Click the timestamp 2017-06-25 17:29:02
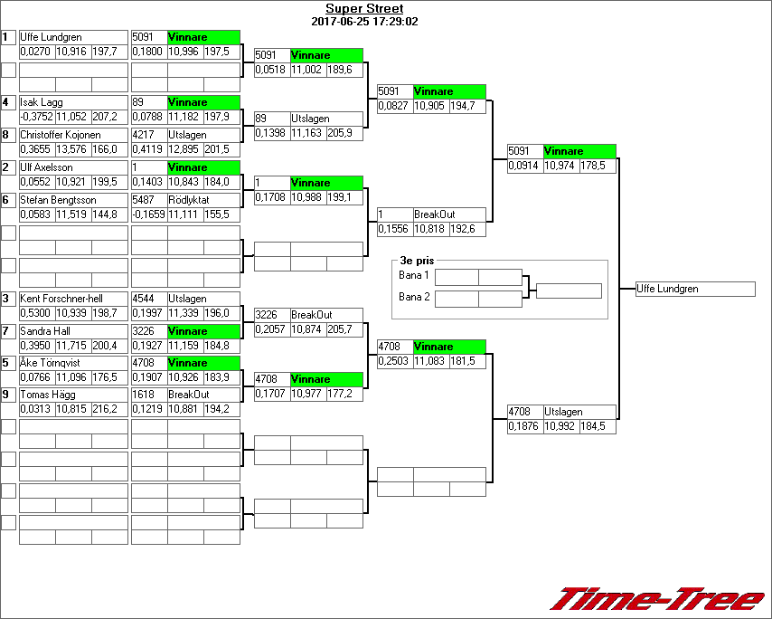(364, 21)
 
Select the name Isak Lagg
(42, 102)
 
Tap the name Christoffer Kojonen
(61, 135)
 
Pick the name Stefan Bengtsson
(56, 200)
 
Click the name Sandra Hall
(44, 331)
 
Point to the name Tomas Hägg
(45, 395)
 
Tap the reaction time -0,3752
(36, 117)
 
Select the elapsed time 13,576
(71, 149)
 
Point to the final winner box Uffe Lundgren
(694, 290)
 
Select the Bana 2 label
(414, 297)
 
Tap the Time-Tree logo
(658, 599)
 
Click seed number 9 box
(8, 395)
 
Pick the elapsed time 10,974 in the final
(560, 166)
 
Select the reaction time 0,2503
(394, 361)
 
